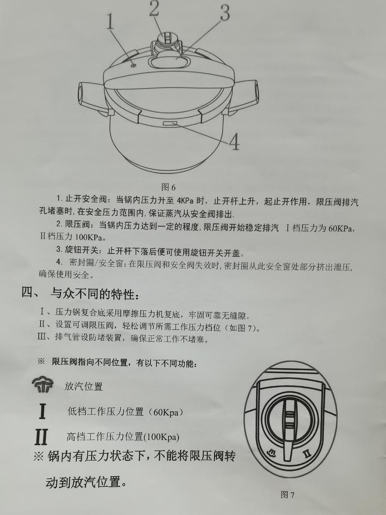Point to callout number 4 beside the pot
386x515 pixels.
click(234, 142)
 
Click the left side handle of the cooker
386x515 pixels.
click(92, 96)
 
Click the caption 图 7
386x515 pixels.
click(287, 494)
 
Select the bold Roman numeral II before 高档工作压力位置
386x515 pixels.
click(41, 437)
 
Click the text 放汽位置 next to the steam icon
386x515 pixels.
click(84, 386)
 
